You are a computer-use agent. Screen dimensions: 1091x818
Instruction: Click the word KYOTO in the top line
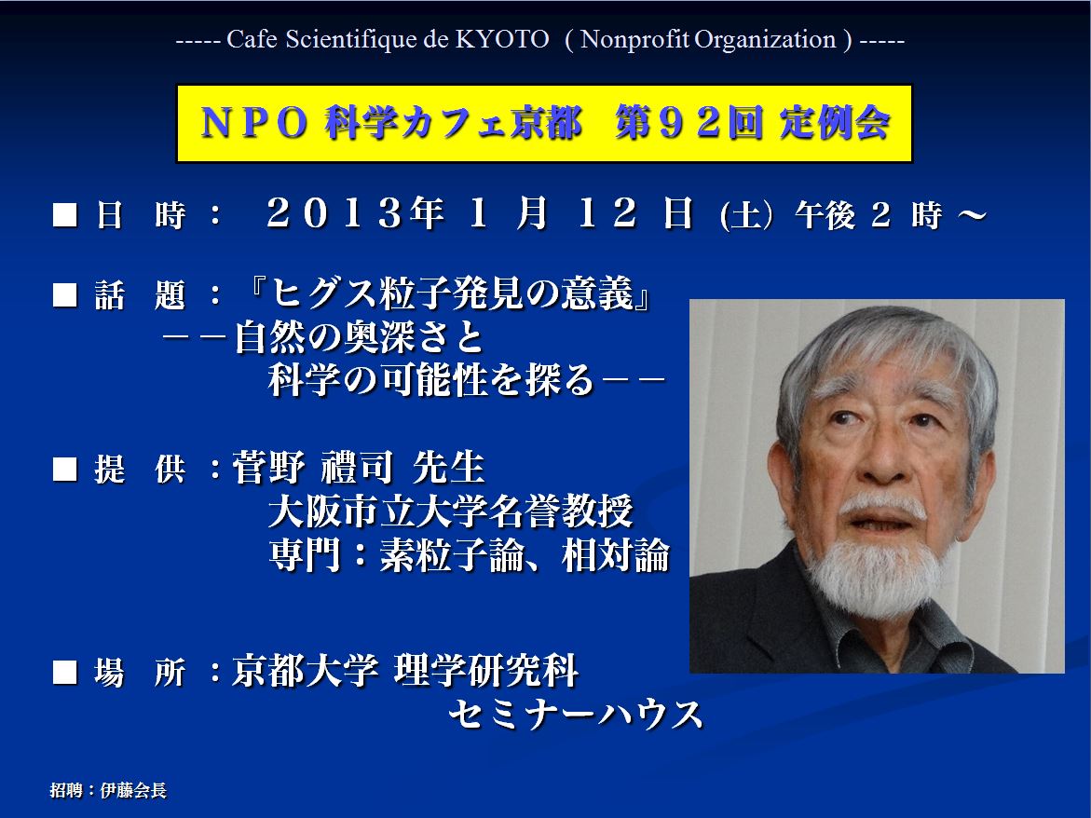point(501,39)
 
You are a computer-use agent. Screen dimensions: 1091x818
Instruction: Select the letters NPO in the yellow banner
point(254,123)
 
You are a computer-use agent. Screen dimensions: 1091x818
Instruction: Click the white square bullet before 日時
point(64,215)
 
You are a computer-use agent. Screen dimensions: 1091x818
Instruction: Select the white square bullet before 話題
point(64,295)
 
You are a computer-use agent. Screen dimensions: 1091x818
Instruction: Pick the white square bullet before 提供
point(64,469)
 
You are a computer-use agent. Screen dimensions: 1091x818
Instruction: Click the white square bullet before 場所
point(64,672)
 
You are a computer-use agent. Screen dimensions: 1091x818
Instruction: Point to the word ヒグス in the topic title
point(323,293)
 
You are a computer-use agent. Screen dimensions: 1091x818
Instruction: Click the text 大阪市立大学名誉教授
point(451,511)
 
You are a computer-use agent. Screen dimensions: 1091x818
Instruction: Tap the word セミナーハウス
point(576,715)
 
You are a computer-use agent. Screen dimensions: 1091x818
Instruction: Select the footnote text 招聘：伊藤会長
point(109,790)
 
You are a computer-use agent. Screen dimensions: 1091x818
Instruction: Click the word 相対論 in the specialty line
point(616,556)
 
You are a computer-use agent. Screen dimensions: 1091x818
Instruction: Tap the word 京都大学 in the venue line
point(305,671)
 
